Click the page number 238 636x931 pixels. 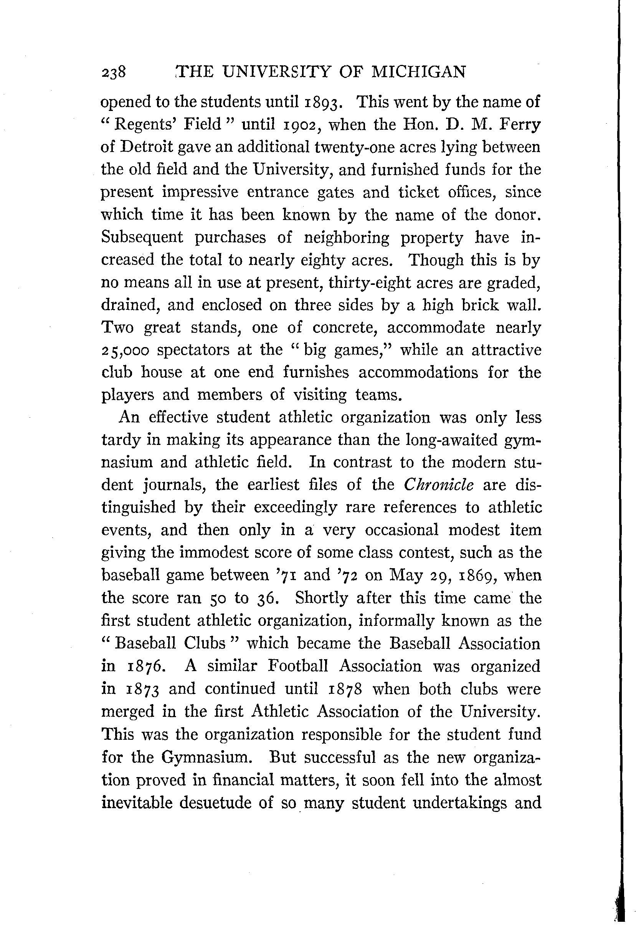[x=114, y=73]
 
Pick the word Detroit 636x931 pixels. [x=147, y=147]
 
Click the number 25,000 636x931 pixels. [x=126, y=351]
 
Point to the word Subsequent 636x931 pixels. [x=142, y=237]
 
